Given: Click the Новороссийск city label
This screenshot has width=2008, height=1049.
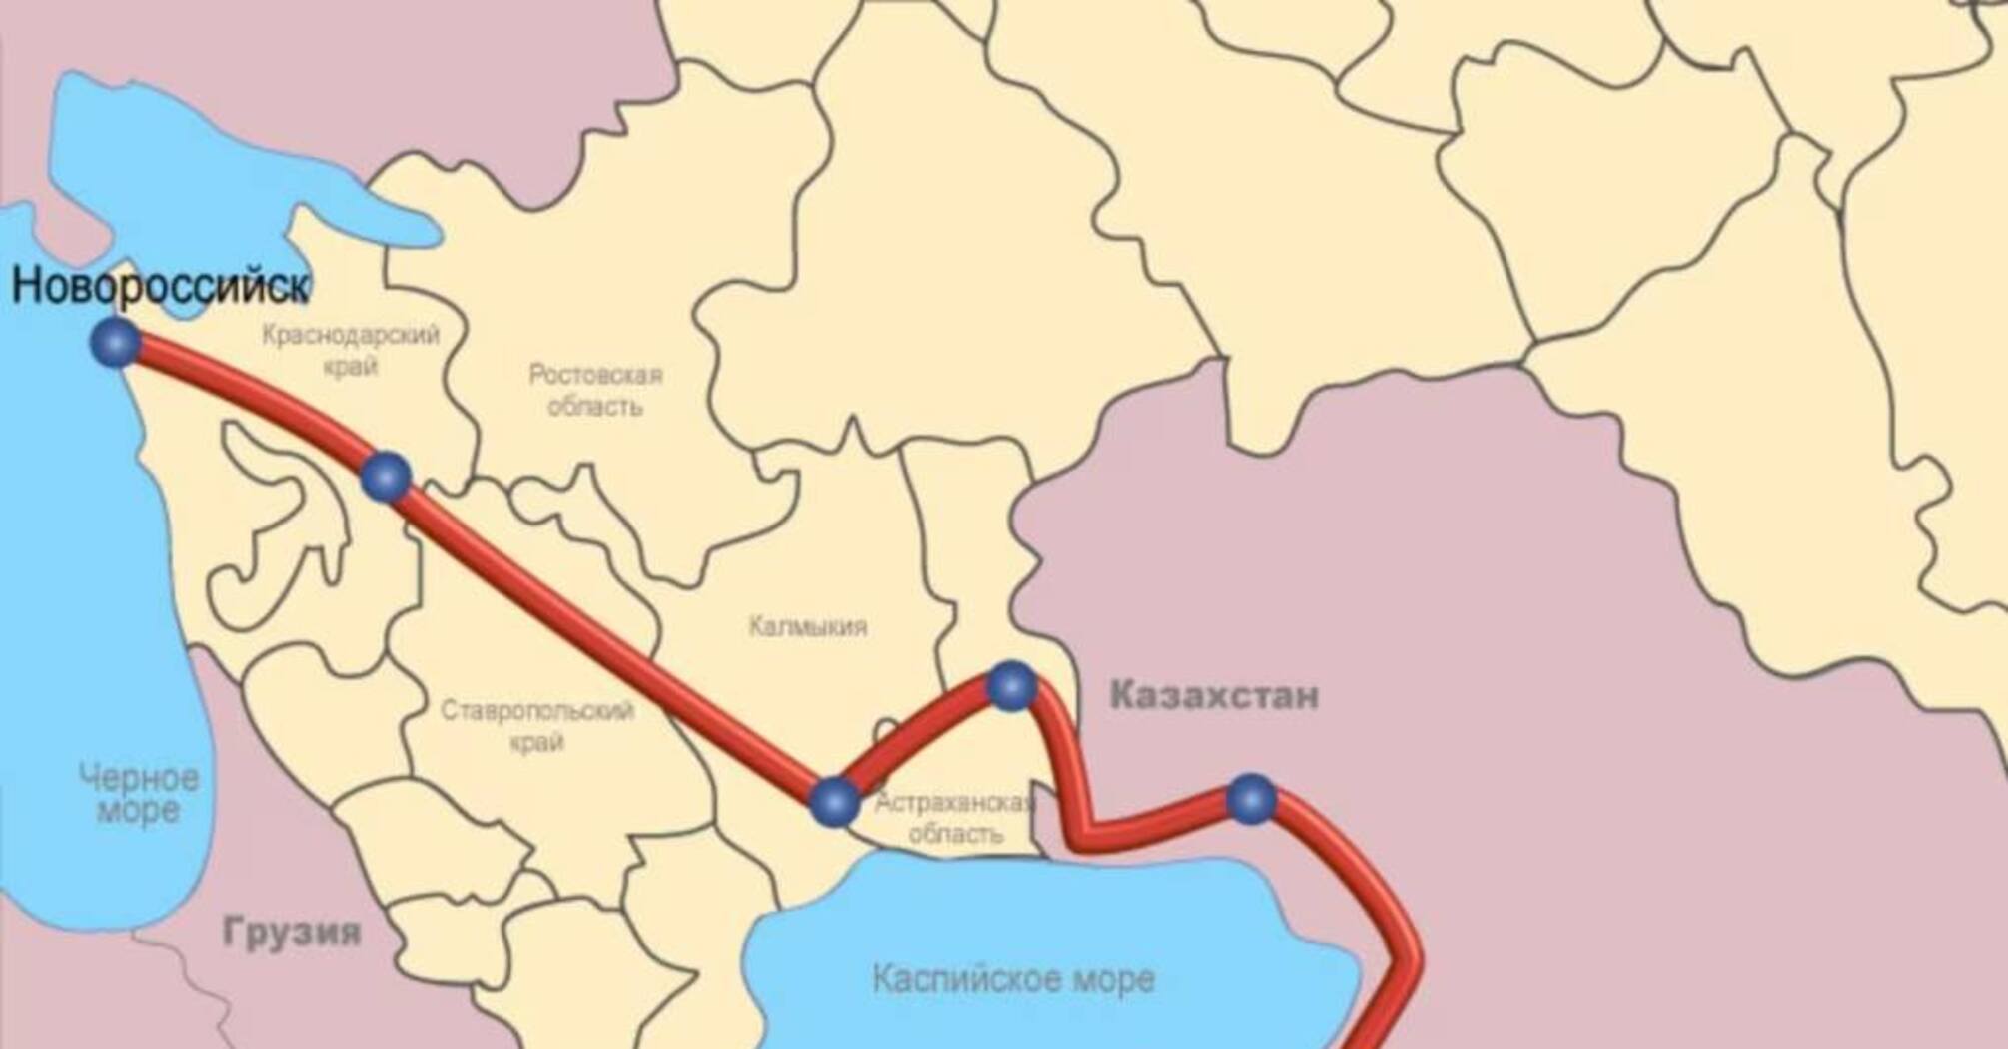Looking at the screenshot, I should [160, 286].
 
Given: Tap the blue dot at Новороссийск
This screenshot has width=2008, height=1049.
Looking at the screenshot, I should [116, 343].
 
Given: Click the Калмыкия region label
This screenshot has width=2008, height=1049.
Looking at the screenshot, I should [808, 626].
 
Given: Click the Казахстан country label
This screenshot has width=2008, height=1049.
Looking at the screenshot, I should [1214, 695].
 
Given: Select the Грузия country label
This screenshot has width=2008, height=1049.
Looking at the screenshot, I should [292, 932].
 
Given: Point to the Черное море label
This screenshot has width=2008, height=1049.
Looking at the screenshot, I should [139, 793].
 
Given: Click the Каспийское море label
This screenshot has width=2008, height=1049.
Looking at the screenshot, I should [1013, 979].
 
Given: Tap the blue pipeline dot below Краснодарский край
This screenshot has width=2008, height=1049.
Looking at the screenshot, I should [386, 477].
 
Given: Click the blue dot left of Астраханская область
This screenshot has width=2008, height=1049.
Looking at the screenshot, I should [834, 802].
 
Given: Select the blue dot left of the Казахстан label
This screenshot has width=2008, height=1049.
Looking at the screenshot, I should [1011, 686].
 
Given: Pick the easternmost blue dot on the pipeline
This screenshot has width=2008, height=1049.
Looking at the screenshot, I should [1251, 799].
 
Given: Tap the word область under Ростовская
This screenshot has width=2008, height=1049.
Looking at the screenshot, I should [595, 407].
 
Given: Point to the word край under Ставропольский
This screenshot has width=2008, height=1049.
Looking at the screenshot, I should [537, 743].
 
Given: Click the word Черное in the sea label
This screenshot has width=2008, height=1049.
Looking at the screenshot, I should [139, 777].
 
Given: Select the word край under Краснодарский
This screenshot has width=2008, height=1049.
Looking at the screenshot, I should [351, 367].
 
